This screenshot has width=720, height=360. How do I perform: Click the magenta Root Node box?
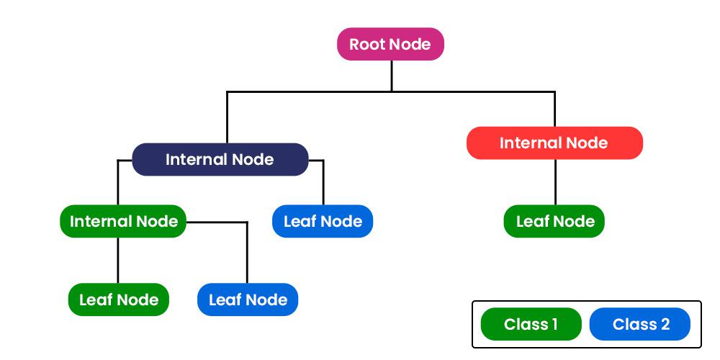[390, 44]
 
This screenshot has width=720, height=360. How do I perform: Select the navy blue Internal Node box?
[220, 159]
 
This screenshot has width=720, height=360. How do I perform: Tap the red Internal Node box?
[554, 143]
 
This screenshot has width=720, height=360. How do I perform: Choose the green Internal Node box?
[123, 221]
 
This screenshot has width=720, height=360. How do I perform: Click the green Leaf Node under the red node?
[554, 221]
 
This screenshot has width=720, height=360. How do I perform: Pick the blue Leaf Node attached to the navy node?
[323, 221]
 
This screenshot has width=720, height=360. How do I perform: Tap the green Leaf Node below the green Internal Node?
[118, 300]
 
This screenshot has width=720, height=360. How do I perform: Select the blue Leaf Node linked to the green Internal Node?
[247, 300]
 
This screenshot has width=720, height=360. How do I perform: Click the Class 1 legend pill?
[531, 324]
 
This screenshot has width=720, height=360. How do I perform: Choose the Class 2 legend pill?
[639, 324]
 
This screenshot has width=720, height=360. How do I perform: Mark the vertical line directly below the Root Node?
[392, 76]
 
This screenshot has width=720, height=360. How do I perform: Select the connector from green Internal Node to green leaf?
[118, 260]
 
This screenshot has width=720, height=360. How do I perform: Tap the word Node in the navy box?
[253, 159]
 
